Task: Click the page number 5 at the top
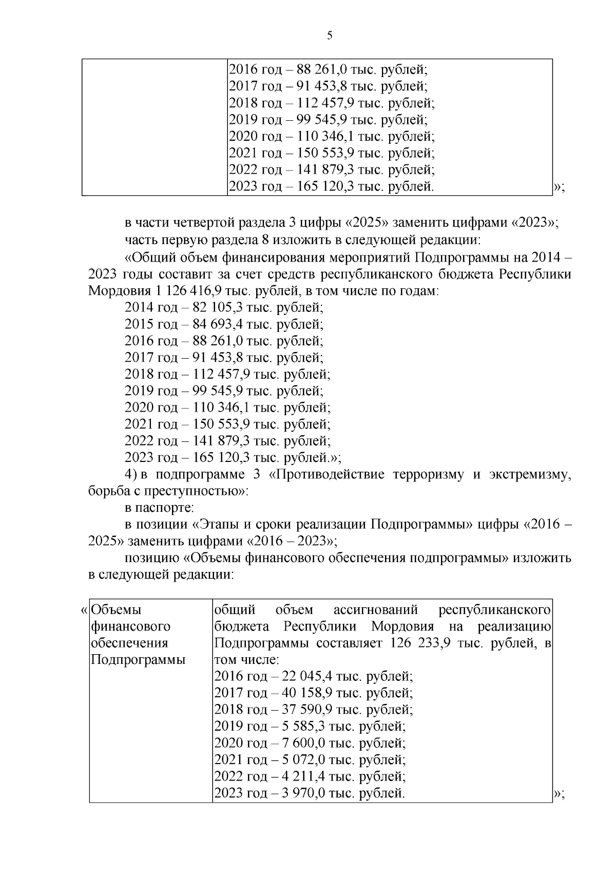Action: point(330,35)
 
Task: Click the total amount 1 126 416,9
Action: point(186,291)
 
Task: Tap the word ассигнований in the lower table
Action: point(375,610)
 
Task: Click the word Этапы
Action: point(214,525)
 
